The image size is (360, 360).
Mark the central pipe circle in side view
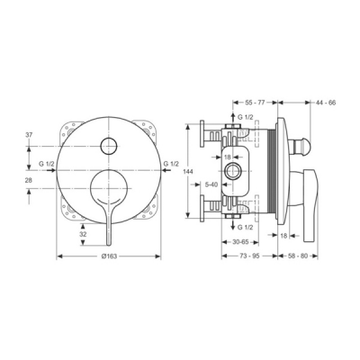(235, 170)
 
